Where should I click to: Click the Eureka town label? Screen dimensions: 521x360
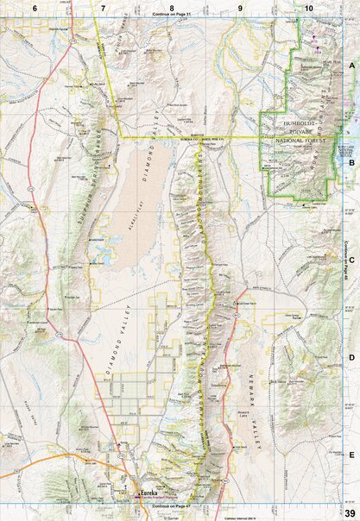[148, 493]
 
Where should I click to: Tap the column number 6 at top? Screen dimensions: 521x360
[35, 7]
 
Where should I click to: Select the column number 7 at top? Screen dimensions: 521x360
[103, 7]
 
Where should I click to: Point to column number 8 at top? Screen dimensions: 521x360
[172, 7]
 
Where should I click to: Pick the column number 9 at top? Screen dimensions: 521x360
[240, 7]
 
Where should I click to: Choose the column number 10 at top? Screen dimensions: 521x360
[308, 7]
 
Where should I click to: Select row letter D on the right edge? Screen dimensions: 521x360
[351, 356]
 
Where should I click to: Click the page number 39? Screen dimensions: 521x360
[349, 514]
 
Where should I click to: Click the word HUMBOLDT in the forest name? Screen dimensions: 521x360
[294, 123]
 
